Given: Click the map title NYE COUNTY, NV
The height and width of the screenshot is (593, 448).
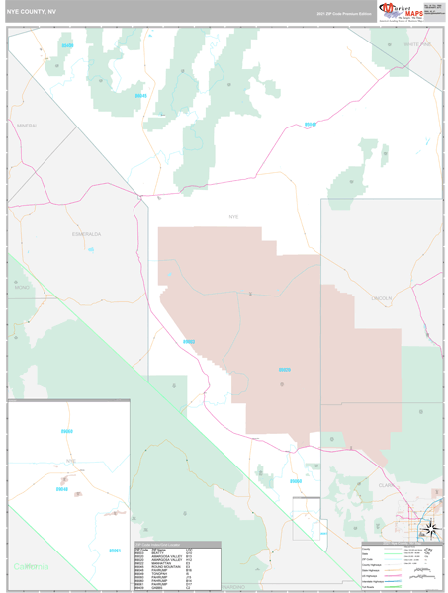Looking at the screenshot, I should (32, 13).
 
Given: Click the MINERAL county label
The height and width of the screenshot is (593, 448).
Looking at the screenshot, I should (28, 127).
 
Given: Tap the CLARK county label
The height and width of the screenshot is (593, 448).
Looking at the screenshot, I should (386, 485).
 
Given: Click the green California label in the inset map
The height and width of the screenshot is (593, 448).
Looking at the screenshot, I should (31, 566).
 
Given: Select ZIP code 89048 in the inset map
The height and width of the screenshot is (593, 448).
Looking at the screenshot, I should (63, 488).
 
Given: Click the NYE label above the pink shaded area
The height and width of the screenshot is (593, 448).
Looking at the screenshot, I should (233, 216).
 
